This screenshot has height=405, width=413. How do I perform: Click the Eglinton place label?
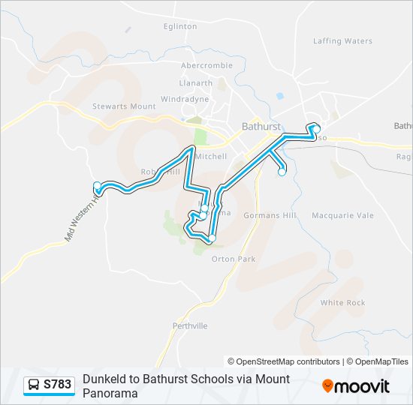pos(180,26)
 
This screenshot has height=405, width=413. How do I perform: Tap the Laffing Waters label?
pos(342,41)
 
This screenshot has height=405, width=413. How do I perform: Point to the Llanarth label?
pos(195,83)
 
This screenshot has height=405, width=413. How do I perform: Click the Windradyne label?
pos(185,98)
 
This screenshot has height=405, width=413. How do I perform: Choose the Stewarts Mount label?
pos(124,106)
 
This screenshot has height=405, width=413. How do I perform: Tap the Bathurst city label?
pos(261,127)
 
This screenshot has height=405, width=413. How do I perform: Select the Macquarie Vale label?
pos(342,215)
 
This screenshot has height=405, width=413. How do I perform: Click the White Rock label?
pos(342,302)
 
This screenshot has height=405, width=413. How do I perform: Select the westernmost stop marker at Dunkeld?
pos(96,186)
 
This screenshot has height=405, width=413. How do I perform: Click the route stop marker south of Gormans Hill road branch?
pos(282,172)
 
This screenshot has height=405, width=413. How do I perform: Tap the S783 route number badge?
pos(58,385)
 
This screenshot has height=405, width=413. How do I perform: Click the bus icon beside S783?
pos(35,385)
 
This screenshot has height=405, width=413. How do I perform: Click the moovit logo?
pos(356,386)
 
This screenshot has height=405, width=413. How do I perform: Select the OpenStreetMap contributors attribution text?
pos(284,361)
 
